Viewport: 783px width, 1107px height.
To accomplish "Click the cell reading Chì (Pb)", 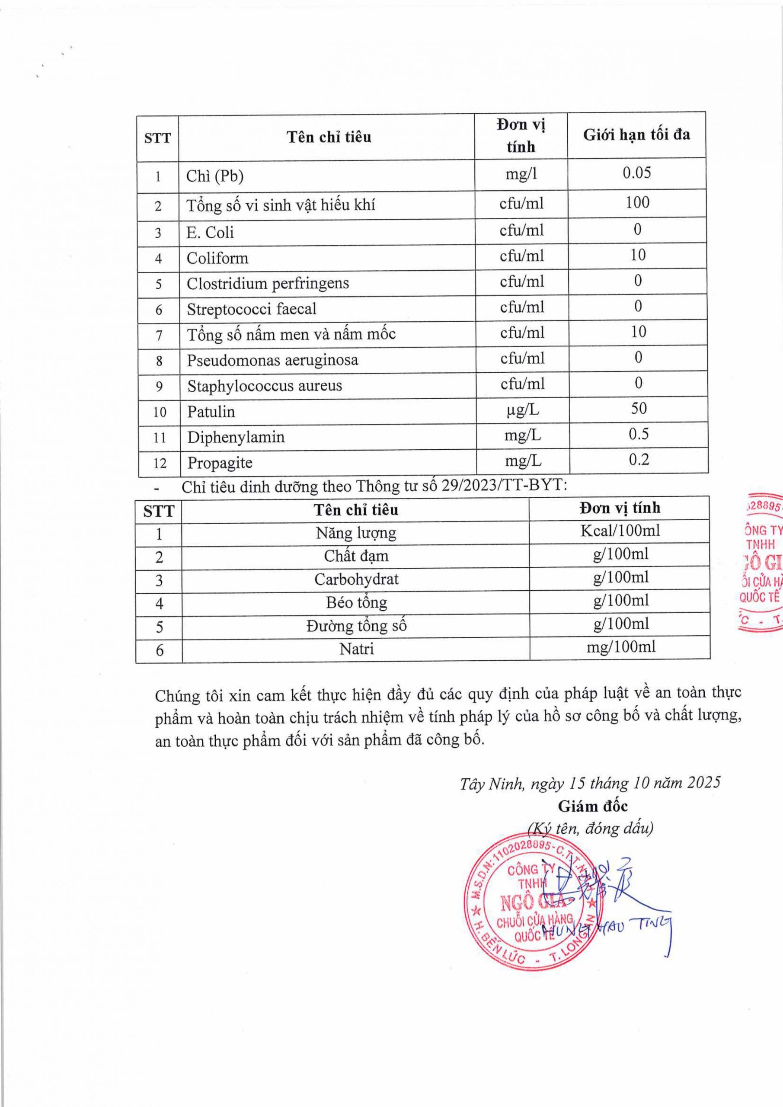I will click(215, 176).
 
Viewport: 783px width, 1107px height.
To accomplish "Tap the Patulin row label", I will click(211, 412).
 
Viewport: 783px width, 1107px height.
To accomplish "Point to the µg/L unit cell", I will click(523, 410).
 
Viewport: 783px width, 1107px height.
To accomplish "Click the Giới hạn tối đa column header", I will click(636, 134).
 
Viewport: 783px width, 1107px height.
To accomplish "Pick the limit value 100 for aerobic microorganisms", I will click(637, 202).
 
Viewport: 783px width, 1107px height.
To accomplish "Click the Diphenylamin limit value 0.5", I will click(638, 435).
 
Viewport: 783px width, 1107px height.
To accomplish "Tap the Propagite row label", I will click(220, 463).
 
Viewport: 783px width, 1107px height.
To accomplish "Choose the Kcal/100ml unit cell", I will click(620, 531).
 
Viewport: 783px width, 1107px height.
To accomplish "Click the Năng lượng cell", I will click(356, 533).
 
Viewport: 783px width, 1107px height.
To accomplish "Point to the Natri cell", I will click(356, 649).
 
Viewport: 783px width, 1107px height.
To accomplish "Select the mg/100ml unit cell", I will click(621, 646).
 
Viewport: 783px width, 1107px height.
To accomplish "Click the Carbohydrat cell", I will click(356, 579).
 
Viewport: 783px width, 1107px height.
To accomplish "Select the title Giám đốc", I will click(593, 806).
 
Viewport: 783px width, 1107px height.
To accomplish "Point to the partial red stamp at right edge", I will click(761, 562).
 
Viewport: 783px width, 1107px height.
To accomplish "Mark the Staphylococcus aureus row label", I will click(265, 386).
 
